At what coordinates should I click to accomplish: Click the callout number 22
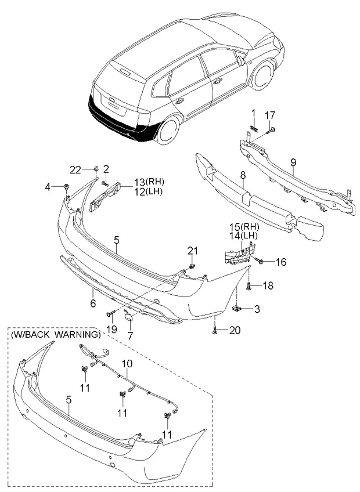tap(75, 169)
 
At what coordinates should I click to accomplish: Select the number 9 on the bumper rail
tap(293, 162)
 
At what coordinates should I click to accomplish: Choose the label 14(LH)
tap(243, 236)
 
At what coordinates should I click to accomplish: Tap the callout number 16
tap(280, 262)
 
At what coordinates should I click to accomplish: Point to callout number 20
tap(234, 331)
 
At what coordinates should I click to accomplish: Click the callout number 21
tap(193, 251)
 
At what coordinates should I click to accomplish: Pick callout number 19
tap(112, 330)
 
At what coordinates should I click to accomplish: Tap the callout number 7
tap(131, 336)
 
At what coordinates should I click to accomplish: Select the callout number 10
tap(127, 364)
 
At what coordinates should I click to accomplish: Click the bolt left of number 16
tap(260, 262)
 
